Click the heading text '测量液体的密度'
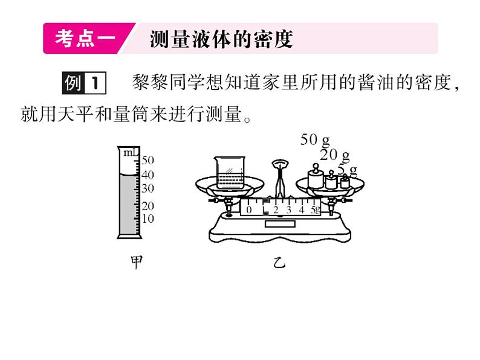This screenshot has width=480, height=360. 221,39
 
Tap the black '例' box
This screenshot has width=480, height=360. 73,83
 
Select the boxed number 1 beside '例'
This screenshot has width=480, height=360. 95,83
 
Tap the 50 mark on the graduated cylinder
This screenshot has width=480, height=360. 148,160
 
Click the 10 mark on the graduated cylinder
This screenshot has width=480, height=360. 148,218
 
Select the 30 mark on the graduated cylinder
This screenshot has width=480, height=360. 148,188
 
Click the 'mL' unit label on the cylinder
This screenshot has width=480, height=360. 129,153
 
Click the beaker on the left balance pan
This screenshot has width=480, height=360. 229,170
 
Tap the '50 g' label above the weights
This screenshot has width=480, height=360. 314,140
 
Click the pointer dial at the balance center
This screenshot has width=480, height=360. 279,164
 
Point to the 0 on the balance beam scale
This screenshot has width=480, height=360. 248,210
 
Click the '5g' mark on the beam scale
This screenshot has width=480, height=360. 314,210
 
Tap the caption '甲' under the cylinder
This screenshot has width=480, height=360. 137,263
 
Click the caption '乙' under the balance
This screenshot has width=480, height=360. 278,263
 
